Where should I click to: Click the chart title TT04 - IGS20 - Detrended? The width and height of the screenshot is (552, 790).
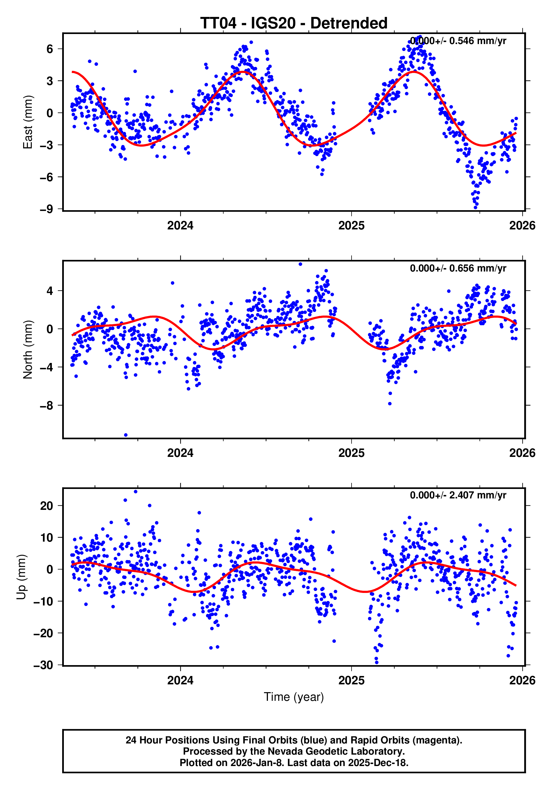point(294,23)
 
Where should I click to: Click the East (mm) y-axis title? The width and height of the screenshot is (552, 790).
point(28,122)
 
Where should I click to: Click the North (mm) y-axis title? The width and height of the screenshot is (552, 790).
point(28,350)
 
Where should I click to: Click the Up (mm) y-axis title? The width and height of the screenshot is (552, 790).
point(21,577)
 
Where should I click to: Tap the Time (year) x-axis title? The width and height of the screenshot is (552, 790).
point(294,697)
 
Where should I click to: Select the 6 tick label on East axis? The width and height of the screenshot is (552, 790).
point(50,49)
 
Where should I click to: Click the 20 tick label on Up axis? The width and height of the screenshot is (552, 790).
point(47,506)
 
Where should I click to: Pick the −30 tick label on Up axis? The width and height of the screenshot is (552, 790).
point(43,665)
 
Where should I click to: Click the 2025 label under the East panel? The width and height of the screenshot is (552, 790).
point(351,226)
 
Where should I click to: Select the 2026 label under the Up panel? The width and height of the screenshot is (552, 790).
point(522,680)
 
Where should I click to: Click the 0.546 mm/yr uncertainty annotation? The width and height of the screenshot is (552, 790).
point(458,41)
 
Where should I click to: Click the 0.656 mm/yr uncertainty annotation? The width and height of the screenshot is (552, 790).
point(458,268)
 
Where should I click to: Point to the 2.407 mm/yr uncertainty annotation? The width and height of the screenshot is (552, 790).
point(458,495)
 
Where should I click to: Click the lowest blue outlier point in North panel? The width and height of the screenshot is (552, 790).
point(126,435)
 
